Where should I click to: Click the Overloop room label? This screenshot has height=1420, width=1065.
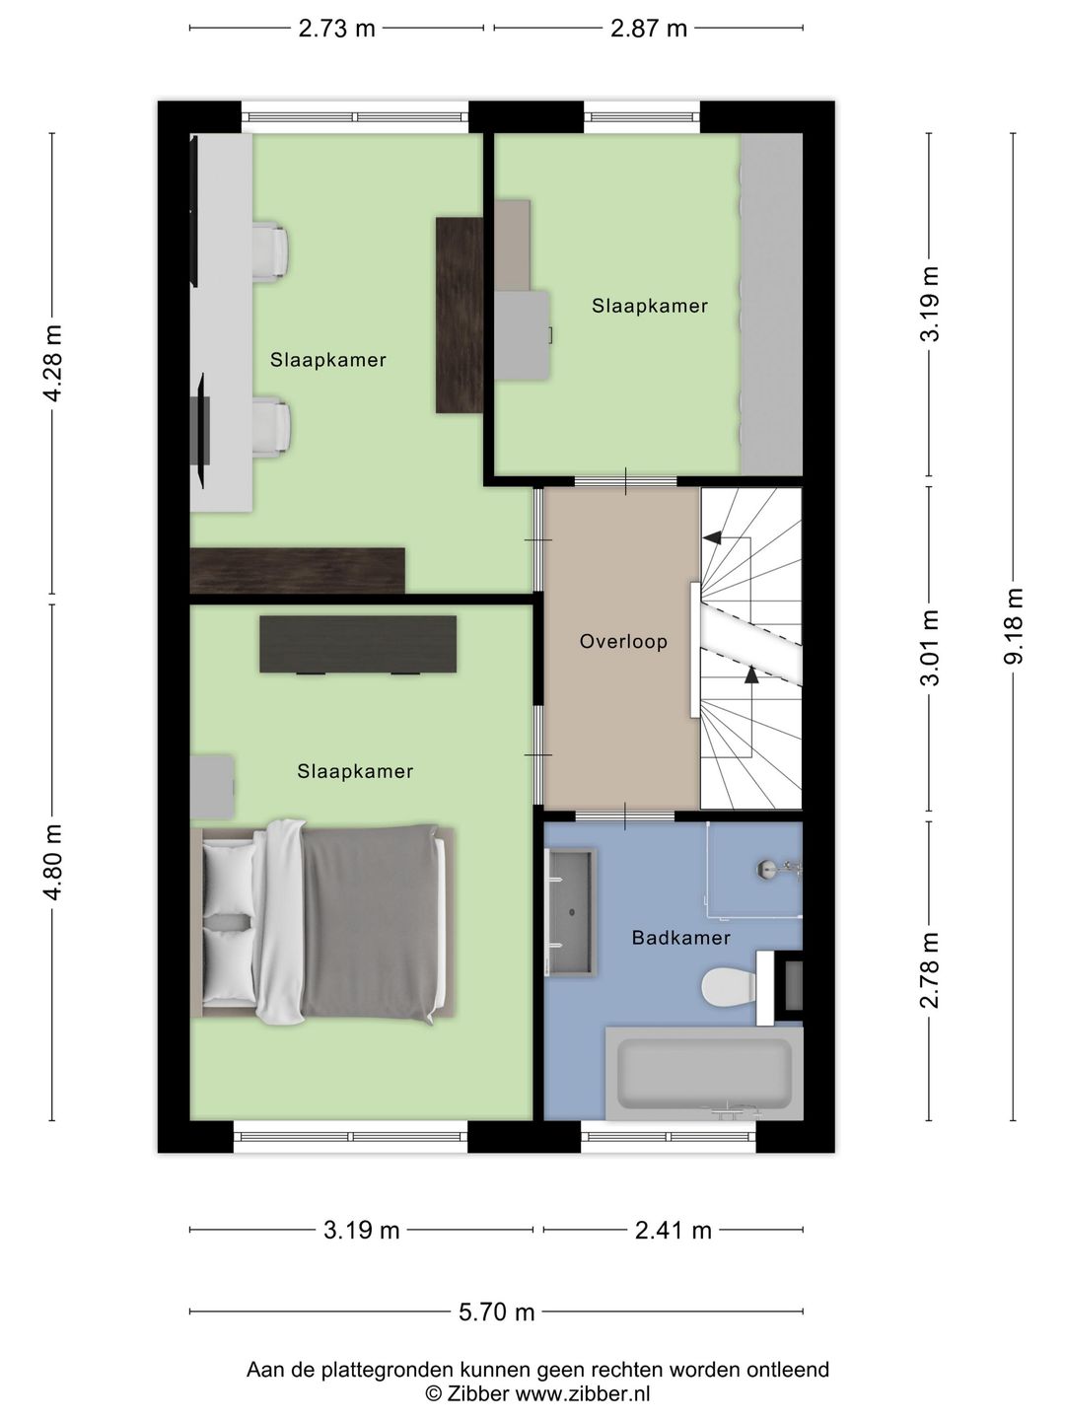(623, 641)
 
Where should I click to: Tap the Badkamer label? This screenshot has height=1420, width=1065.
(680, 938)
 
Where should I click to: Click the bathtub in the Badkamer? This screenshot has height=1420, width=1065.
(704, 1073)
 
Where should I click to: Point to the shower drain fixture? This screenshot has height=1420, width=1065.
(767, 869)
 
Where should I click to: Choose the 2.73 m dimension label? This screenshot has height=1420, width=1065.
(336, 29)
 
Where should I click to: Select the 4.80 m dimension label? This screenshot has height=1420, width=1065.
(52, 862)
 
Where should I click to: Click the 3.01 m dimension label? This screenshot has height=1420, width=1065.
(930, 648)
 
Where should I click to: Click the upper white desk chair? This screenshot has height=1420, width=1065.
(269, 251)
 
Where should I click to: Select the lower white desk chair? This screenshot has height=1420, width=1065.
(270, 428)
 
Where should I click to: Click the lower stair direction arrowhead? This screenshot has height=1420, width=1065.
(751, 674)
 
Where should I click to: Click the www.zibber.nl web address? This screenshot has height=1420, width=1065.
(582, 1392)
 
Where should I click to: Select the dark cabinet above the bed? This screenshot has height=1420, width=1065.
(358, 644)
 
